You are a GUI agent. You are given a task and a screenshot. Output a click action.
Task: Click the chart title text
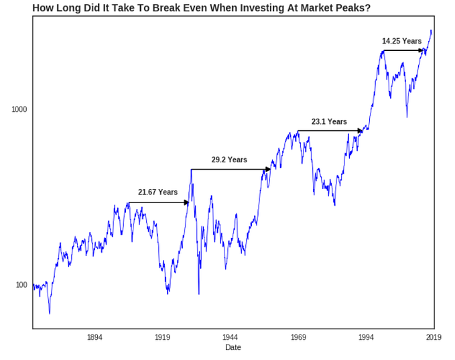pos(201,7)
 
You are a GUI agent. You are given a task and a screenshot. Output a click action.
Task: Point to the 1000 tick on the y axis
pos(19,109)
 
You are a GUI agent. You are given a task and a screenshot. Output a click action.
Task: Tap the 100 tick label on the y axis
pos(21,285)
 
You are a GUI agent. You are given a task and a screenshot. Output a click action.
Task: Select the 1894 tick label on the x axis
pos(94,337)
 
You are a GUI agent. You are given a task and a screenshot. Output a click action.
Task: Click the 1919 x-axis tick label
pos(162,337)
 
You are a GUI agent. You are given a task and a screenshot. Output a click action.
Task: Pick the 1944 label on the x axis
pos(230,337)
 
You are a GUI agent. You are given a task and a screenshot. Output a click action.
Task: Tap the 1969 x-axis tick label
pos(298,337)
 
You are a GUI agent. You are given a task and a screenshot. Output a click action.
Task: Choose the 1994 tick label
pos(366,337)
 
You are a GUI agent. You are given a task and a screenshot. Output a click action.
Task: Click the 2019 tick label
pos(433,337)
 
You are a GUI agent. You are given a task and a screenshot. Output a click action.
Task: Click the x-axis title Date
pos(233,347)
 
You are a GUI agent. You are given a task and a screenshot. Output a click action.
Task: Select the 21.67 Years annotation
pos(157,192)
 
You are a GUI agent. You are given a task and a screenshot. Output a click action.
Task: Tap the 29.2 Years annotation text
pos(229,160)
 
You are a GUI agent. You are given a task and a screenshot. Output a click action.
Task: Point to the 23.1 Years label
pos(329,121)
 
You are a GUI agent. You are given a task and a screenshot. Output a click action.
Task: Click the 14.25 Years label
pos(401,41)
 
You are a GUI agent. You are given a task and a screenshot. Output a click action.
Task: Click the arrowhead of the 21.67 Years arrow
pos(188,202)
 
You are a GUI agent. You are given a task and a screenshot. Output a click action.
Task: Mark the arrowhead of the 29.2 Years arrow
pos(268,169)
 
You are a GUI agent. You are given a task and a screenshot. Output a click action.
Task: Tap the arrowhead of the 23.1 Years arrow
pos(360,131)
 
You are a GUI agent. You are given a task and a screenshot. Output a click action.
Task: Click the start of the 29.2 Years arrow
pos(192,169)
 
